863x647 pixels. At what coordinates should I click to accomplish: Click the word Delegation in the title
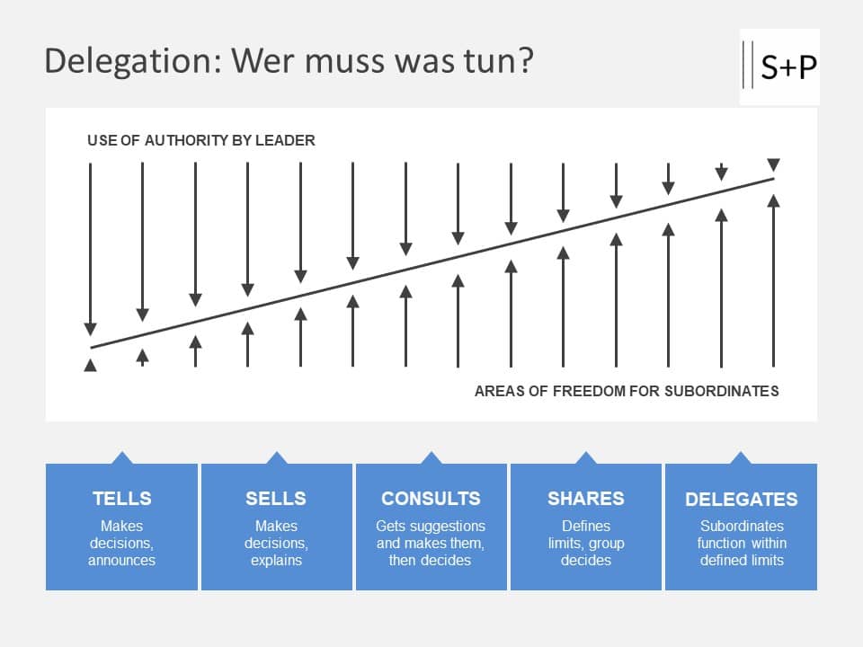[132, 61]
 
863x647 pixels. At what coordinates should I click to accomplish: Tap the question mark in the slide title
[525, 61]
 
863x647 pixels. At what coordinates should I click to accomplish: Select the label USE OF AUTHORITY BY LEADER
[201, 140]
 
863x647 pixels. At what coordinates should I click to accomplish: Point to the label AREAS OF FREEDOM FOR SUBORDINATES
[627, 391]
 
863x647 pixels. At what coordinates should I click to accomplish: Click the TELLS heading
[121, 499]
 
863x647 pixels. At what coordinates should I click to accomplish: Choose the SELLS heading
[276, 499]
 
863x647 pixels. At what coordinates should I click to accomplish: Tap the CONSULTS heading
[431, 499]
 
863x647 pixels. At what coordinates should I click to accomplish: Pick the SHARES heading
[586, 499]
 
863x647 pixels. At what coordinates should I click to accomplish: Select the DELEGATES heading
[741, 500]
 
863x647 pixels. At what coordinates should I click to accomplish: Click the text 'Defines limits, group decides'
[586, 543]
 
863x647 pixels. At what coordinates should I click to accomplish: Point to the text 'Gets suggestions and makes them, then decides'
[431, 543]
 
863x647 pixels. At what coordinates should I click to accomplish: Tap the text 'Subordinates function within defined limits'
[742, 543]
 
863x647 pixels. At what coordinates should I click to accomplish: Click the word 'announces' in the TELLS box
[121, 560]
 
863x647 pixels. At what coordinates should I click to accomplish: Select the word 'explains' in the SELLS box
[276, 560]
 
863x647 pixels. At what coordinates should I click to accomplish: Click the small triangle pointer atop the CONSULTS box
[431, 458]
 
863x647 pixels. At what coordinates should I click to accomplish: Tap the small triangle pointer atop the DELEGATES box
[741, 458]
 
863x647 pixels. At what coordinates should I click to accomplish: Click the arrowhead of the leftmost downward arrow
[90, 329]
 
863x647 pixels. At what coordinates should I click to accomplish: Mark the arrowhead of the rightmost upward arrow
[773, 200]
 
